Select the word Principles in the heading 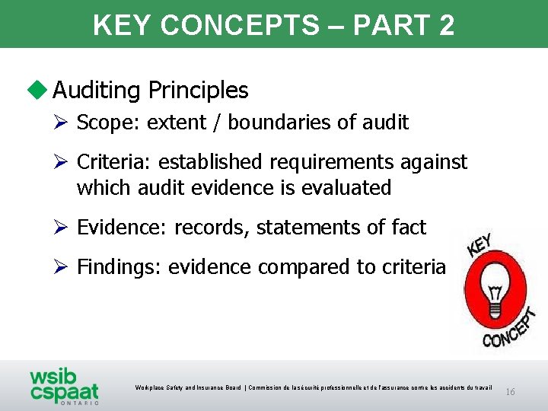point(198,91)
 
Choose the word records point(209,227)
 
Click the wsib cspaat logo point(64,385)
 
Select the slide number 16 point(511,392)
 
